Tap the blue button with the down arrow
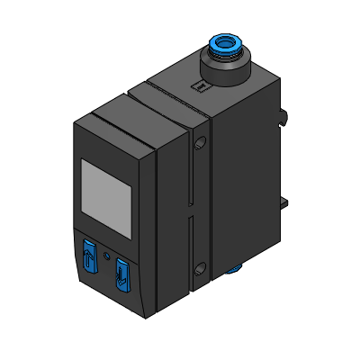pyautogui.click(x=120, y=274)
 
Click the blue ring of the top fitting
pyautogui.click(x=224, y=45)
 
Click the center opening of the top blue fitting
pyautogui.click(x=224, y=42)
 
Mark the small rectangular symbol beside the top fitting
pyautogui.click(x=200, y=86)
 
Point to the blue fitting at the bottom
pyautogui.click(x=237, y=267)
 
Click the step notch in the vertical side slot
pyautogui.click(x=192, y=217)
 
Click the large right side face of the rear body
pyautogui.click(x=243, y=180)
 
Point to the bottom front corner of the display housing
pyautogui.click(x=145, y=316)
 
